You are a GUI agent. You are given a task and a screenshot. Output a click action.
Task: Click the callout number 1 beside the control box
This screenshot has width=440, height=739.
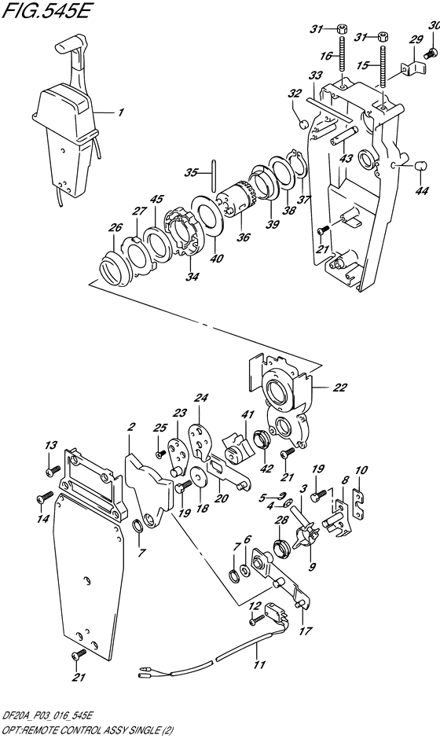click(120, 113)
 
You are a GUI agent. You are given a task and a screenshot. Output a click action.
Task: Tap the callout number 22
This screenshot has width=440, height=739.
click(339, 387)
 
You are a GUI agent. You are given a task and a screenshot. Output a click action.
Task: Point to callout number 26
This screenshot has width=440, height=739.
click(115, 228)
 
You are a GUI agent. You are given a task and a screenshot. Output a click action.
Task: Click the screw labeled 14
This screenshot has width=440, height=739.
click(44, 498)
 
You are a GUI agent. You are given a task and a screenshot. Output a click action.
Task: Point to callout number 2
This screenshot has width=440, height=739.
click(131, 427)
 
